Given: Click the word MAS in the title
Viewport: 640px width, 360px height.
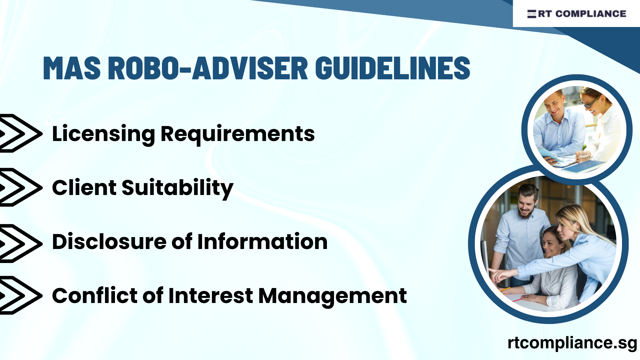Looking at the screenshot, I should tap(72, 68).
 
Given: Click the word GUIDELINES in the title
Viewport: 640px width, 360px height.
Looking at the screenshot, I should tap(392, 68).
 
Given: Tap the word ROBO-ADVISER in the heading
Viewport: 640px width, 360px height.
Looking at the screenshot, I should tap(208, 68).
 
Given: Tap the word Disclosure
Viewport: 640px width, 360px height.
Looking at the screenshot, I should tap(109, 242).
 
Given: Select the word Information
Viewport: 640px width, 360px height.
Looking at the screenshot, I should tap(262, 242).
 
